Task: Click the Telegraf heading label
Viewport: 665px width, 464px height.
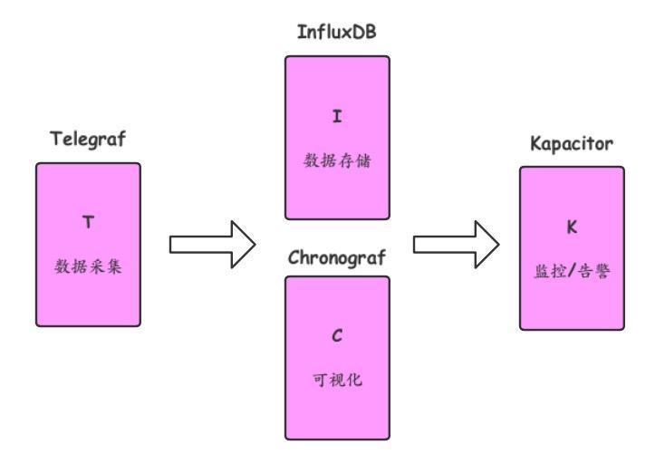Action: [x=88, y=140]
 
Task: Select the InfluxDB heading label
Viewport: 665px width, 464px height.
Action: [x=336, y=33]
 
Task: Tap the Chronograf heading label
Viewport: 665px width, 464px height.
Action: [x=337, y=256]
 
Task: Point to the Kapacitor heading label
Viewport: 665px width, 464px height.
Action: [x=571, y=145]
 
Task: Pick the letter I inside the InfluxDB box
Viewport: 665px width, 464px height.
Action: [x=336, y=116]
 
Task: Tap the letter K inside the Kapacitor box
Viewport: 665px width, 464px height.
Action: [x=571, y=227]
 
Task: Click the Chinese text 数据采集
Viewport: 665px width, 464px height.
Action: [x=88, y=269]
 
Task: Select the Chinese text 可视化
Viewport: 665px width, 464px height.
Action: [x=336, y=380]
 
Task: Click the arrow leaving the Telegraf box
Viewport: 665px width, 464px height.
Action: [x=212, y=245]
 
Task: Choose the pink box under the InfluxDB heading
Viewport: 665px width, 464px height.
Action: [x=337, y=82]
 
